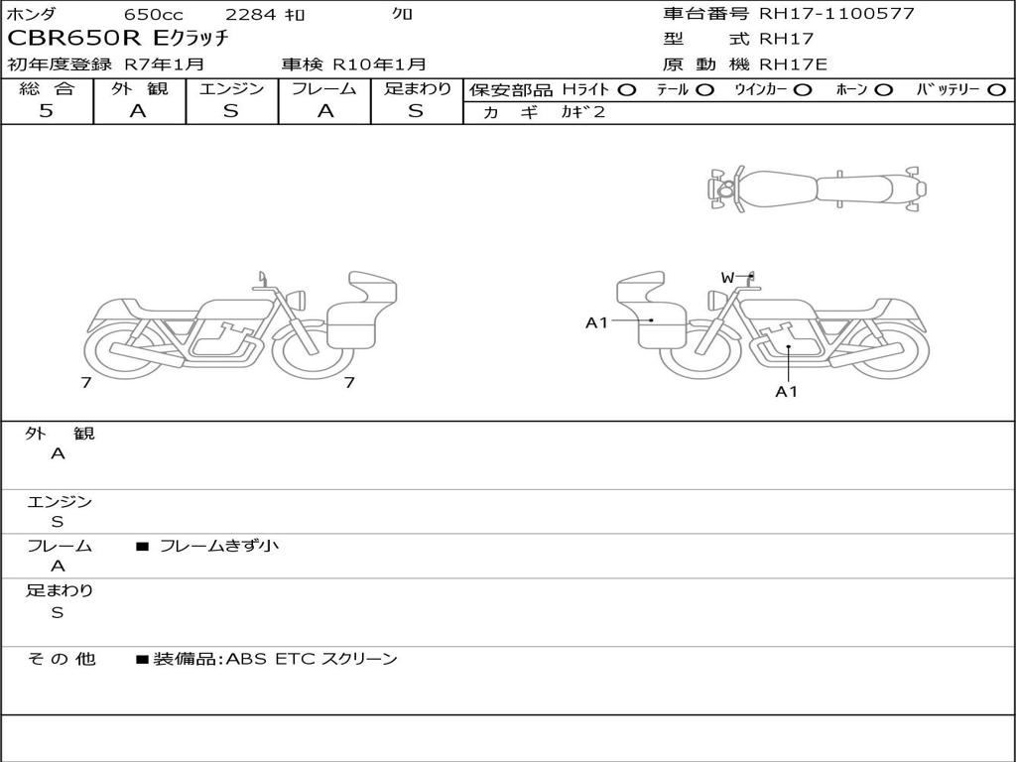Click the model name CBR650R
tap(73, 39)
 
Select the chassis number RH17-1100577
tap(836, 13)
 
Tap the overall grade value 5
tap(46, 111)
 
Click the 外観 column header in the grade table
tap(139, 88)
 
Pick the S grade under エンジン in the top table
tap(231, 111)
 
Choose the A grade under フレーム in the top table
tap(324, 111)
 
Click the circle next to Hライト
tap(627, 90)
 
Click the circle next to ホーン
tap(883, 90)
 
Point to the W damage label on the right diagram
tap(727, 278)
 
